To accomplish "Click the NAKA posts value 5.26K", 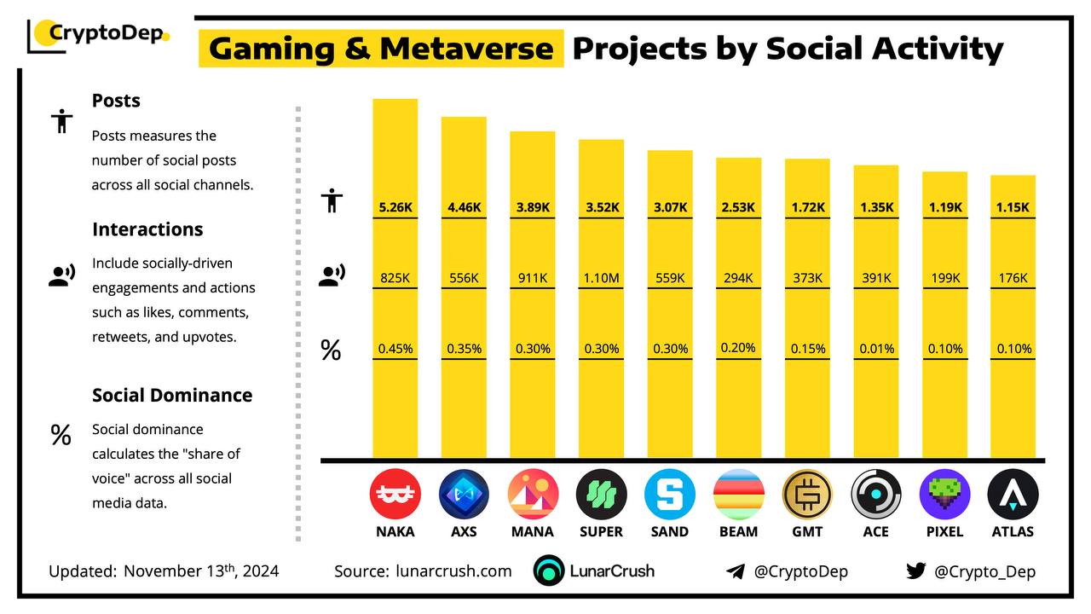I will pyautogui.click(x=395, y=206).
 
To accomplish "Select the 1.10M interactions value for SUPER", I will pyautogui.click(x=601, y=277).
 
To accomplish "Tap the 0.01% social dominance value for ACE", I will pyautogui.click(x=876, y=348).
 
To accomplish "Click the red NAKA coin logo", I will pyautogui.click(x=395, y=495).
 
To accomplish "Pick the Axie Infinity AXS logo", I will pyautogui.click(x=464, y=495).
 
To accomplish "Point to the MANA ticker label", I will pyautogui.click(x=532, y=531).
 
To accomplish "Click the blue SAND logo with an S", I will pyautogui.click(x=670, y=495).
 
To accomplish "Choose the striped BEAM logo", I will pyautogui.click(x=738, y=495).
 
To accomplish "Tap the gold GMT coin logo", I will pyautogui.click(x=807, y=495).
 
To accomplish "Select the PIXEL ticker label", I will pyautogui.click(x=944, y=531).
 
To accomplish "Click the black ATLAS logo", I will pyautogui.click(x=1013, y=495).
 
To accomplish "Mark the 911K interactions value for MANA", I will pyautogui.click(x=533, y=277).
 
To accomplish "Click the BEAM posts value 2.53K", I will pyautogui.click(x=738, y=206).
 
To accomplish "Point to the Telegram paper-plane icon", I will pyautogui.click(x=736, y=571).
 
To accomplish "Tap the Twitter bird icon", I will pyautogui.click(x=916, y=571).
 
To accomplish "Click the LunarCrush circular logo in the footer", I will pyautogui.click(x=550, y=571).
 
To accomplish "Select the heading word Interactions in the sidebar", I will pyautogui.click(x=147, y=229).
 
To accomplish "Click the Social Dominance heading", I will pyautogui.click(x=172, y=395).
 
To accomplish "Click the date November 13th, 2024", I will pyautogui.click(x=201, y=571).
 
